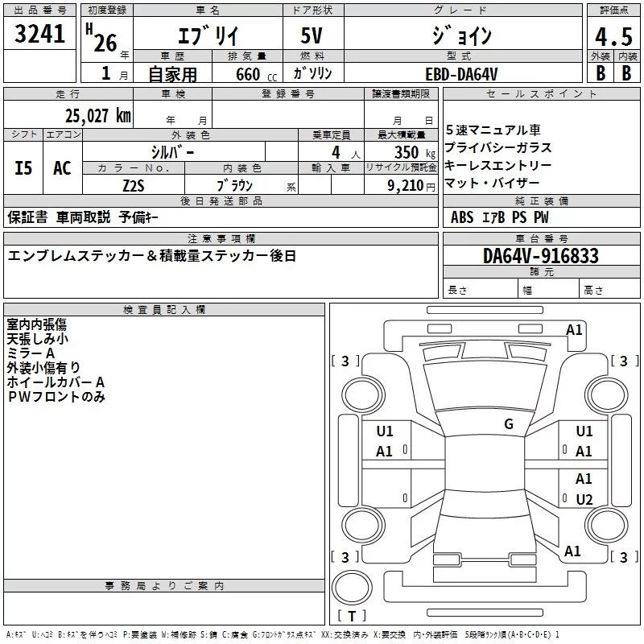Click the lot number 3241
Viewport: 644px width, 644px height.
click(40, 35)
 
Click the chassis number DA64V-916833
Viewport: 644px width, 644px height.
click(541, 256)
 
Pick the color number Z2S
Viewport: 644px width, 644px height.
click(134, 185)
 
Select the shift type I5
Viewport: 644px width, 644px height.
click(24, 168)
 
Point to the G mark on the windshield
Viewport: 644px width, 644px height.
click(508, 424)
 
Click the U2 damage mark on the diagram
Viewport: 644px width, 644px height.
click(584, 499)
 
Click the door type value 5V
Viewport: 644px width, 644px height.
click(314, 36)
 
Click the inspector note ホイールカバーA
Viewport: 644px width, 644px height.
click(56, 382)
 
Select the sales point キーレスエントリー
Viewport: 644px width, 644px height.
click(498, 165)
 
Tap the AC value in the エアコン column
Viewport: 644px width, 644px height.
click(62, 168)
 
